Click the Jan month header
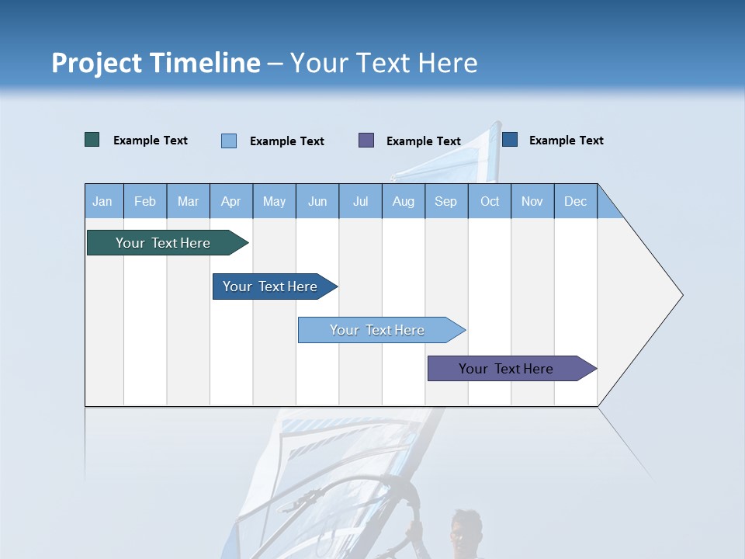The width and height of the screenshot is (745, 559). click(103, 201)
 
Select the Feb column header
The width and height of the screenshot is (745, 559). click(145, 201)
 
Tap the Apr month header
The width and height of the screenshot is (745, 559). click(230, 201)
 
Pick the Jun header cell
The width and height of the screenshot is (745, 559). click(317, 201)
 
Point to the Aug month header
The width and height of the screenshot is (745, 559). click(403, 201)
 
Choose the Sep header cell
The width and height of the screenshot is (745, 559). click(445, 201)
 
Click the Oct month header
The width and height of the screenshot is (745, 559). click(490, 201)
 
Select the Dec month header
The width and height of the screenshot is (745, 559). click(575, 201)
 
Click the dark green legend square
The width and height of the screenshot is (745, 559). click(92, 140)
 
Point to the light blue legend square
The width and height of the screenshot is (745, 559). click(229, 141)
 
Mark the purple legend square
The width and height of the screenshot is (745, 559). click(366, 141)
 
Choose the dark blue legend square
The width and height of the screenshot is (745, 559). click(510, 140)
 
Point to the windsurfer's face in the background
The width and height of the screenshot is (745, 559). click(463, 532)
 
